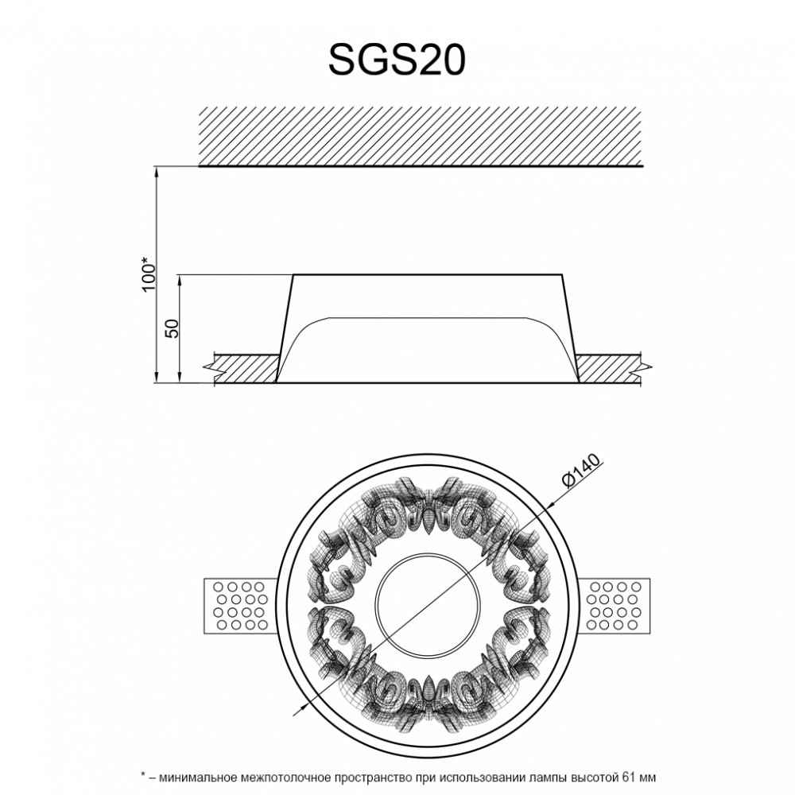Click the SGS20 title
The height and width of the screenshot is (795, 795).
[397, 59]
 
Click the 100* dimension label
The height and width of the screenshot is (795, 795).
[149, 274]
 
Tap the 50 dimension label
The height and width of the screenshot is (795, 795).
[173, 329]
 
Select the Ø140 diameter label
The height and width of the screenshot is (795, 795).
[581, 471]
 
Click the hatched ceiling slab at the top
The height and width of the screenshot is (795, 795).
[421, 137]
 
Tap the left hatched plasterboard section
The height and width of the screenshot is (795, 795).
[246, 369]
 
